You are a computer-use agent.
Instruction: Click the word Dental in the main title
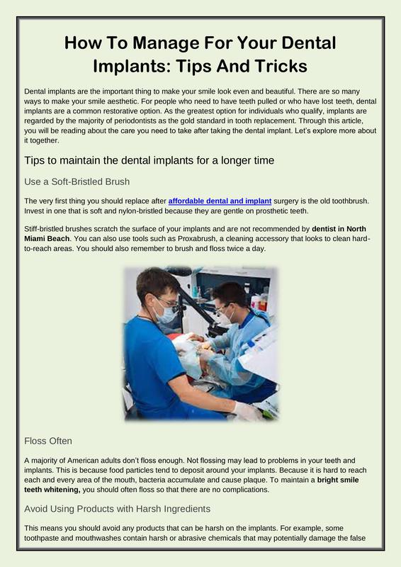coord(308,43)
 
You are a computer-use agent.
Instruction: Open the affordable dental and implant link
coord(220,201)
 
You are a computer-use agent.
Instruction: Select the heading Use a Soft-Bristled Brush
coord(77,181)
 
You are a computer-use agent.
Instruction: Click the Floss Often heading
coord(48,441)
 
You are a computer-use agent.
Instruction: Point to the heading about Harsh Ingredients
coord(117,509)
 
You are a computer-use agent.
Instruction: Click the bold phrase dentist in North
coord(339,229)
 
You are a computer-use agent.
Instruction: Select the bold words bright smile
coord(338,480)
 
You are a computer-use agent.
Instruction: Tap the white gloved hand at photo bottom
coord(247,412)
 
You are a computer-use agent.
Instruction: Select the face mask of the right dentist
coord(227,318)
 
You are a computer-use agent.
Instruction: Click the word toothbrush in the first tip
coord(351,201)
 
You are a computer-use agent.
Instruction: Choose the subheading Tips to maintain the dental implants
coord(149,160)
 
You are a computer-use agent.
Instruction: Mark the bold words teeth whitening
coord(52,490)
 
